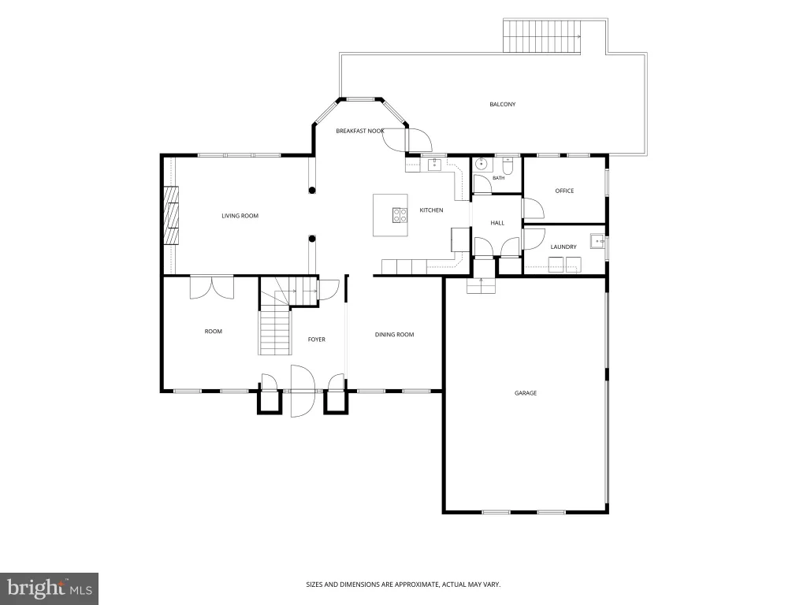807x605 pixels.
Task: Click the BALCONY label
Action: (x=502, y=105)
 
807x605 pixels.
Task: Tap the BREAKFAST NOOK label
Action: (x=360, y=132)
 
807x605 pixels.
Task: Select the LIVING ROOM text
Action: (x=240, y=216)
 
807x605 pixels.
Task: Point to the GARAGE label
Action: (x=526, y=393)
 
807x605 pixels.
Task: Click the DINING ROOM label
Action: (x=394, y=335)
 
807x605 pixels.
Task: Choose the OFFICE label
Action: (x=564, y=191)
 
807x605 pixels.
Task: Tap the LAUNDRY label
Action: (x=563, y=247)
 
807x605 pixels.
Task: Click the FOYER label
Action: (x=317, y=340)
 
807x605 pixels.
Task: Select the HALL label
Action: (x=497, y=223)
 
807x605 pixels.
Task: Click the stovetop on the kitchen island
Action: (x=400, y=215)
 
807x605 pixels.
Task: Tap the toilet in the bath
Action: (x=508, y=165)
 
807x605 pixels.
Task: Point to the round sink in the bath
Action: (x=482, y=165)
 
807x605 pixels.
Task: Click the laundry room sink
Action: (x=597, y=241)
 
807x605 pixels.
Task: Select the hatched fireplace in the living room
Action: (x=171, y=215)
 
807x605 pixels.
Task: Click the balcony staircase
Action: (x=542, y=36)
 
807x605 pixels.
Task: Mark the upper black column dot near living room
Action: (x=312, y=191)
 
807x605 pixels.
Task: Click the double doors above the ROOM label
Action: (x=211, y=288)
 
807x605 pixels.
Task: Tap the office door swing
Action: (x=534, y=208)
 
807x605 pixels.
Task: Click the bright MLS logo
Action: (x=50, y=588)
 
